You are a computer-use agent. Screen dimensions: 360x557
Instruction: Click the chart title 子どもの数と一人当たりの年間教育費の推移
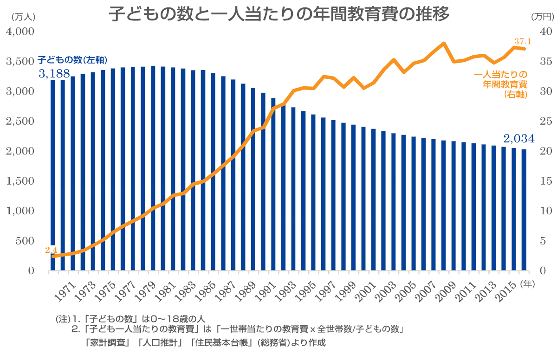pos(279,14)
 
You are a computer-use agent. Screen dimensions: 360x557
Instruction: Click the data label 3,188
pos(54,73)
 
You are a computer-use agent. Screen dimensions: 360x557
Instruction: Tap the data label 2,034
pos(519,138)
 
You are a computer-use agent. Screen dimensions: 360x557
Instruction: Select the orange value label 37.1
pos(522,41)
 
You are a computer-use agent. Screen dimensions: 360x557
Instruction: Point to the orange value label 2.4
pos(51,250)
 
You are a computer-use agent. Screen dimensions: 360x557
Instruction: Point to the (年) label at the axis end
pos(528,283)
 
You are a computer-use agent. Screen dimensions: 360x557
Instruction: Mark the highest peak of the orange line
pos(444,44)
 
